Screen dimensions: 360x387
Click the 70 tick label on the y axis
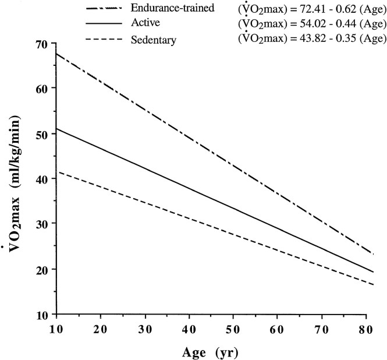tap(41, 44)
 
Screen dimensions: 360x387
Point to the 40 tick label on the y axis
tap(41, 179)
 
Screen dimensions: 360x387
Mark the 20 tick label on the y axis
tap(41, 269)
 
